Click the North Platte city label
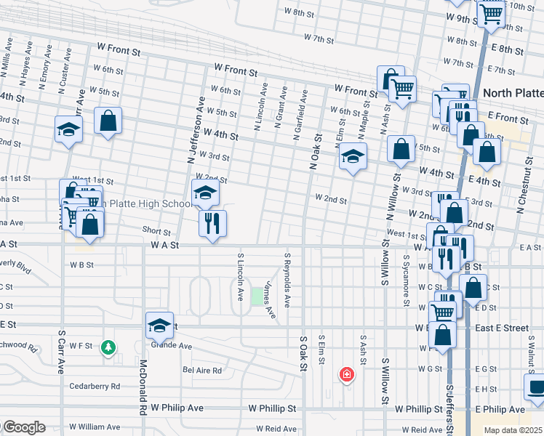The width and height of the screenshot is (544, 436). point(512,93)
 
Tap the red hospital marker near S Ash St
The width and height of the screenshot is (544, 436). point(347,375)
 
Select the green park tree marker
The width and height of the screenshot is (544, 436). point(108,348)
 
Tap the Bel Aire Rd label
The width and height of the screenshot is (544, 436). point(202,370)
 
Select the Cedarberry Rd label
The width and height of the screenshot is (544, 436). point(95,386)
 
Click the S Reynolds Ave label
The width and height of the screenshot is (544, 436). point(287,278)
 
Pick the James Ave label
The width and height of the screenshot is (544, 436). point(270,300)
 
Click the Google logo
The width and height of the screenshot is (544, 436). point(23,427)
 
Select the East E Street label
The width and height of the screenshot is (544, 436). point(502,328)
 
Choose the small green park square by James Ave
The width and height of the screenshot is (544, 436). point(257,296)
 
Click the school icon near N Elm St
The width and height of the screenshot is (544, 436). point(353,156)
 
